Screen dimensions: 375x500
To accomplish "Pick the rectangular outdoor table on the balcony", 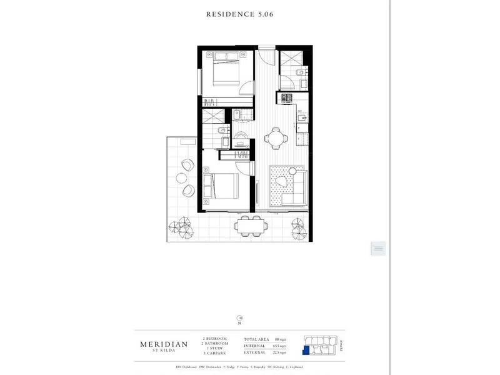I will pos(249,225).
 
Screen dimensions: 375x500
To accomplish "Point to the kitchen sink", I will pos(302,117).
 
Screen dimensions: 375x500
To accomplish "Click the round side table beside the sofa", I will pos(281,182).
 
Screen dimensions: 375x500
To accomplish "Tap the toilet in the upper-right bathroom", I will pos(300,79).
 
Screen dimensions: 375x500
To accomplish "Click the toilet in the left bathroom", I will pos(222,131).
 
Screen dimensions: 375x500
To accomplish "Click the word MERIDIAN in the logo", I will pos(161,342).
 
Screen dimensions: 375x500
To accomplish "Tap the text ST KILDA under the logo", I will pos(161,350).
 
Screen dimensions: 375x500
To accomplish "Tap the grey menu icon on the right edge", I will pos(378,248).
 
